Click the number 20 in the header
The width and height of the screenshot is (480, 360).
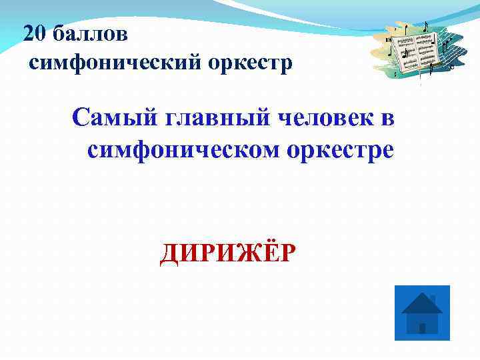33,33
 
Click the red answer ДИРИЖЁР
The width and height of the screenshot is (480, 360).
227,254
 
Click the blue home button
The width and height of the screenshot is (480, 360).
422,313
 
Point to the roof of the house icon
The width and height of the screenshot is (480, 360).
421,303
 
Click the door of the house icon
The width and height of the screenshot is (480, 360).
422,328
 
